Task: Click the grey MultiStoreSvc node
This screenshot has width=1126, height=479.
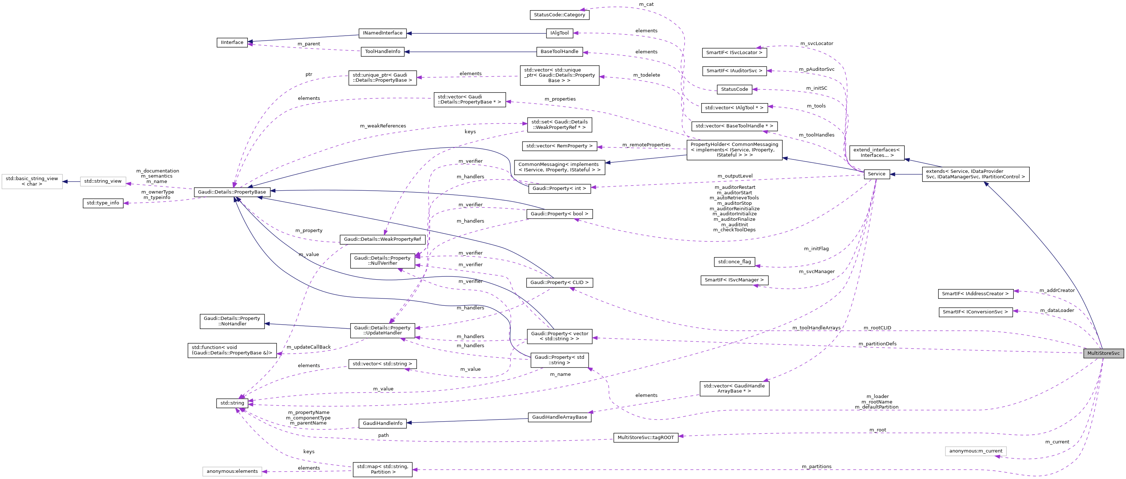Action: (1103, 353)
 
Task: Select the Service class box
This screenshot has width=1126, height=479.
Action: (876, 174)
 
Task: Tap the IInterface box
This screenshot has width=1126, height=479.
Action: (232, 42)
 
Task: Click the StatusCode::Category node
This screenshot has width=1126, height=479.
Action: (559, 15)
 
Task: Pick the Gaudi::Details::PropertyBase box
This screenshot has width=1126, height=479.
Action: (232, 192)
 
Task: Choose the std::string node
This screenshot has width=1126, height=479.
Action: (232, 403)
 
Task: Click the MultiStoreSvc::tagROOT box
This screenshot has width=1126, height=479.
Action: (646, 438)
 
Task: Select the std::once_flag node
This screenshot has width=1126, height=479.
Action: (734, 262)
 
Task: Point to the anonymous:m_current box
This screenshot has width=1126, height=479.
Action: (976, 451)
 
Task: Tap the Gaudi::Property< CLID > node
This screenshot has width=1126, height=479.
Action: (559, 282)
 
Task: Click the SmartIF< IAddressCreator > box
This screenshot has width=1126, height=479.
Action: (975, 294)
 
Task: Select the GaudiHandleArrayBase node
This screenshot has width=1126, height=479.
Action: (560, 417)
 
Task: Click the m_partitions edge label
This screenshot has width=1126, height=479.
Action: (816, 466)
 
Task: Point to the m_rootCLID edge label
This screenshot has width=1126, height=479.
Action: (877, 328)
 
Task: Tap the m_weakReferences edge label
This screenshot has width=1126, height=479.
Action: (383, 126)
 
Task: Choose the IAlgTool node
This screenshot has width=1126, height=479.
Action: (560, 33)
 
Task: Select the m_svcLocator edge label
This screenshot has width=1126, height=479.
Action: (816, 44)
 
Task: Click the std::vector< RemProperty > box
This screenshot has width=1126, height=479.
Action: (559, 146)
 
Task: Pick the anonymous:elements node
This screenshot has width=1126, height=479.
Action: (232, 471)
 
